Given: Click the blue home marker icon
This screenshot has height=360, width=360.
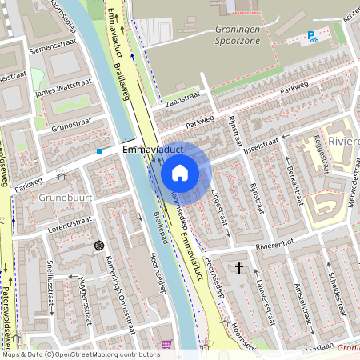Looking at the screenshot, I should (180, 172).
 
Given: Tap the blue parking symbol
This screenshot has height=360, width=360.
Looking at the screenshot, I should (312, 36).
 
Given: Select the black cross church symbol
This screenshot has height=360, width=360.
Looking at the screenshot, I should (239, 266).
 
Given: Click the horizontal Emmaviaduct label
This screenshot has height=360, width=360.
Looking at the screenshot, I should (154, 150).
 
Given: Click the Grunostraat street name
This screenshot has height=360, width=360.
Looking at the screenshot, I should (72, 126).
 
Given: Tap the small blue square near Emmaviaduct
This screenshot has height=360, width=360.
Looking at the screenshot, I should (99, 150).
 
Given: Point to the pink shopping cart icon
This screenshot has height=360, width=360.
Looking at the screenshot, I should (166, 344).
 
